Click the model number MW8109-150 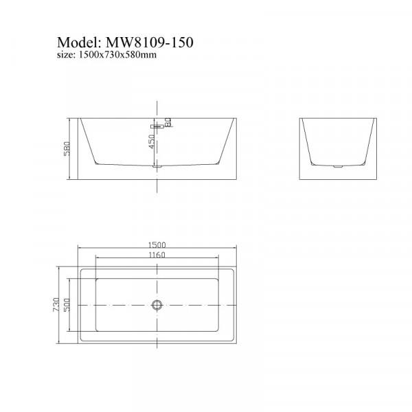coord(149,42)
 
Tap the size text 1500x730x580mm coord(117,55)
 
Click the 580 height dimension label coord(67,149)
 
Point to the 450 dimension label coord(152,141)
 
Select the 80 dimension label coord(168,122)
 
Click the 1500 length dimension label coord(157,245)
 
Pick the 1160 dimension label coord(157,255)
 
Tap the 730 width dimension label coord(56,305)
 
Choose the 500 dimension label coord(67,305)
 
